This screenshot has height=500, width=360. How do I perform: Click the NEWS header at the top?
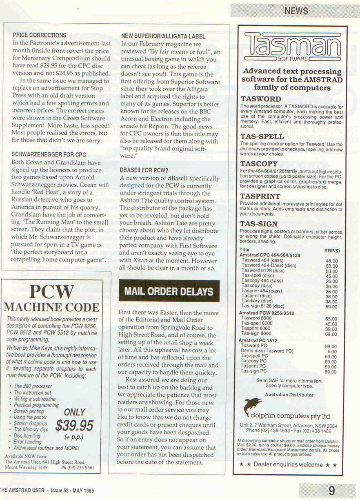(x=296, y=11)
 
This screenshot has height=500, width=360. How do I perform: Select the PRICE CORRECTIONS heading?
(x=39, y=36)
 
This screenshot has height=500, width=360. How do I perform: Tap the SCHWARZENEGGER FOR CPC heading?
(x=49, y=155)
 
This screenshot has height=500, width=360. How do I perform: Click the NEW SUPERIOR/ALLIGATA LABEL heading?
(x=163, y=36)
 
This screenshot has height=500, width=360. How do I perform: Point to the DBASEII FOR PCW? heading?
(x=144, y=170)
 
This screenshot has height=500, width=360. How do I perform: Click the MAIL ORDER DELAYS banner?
(x=169, y=292)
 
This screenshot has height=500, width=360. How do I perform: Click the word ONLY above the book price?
(x=74, y=412)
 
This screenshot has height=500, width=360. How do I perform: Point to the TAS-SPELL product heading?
(x=262, y=136)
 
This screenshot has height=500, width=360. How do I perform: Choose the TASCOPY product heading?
(x=259, y=164)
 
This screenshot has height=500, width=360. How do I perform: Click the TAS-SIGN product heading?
(x=258, y=224)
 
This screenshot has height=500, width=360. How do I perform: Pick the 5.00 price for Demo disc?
(x=332, y=351)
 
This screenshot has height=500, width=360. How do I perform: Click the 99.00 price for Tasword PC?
(x=331, y=346)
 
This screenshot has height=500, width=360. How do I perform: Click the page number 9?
(x=331, y=490)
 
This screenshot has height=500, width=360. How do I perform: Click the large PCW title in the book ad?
(x=51, y=292)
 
